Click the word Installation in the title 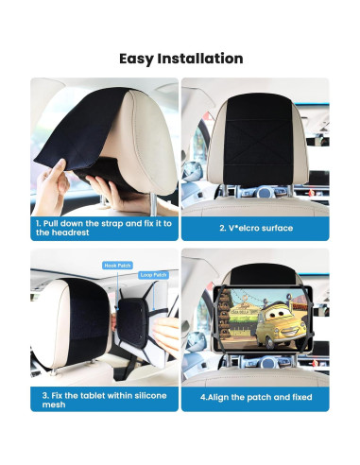point(201,59)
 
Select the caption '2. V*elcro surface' point(255,228)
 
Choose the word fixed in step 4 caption point(300,397)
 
